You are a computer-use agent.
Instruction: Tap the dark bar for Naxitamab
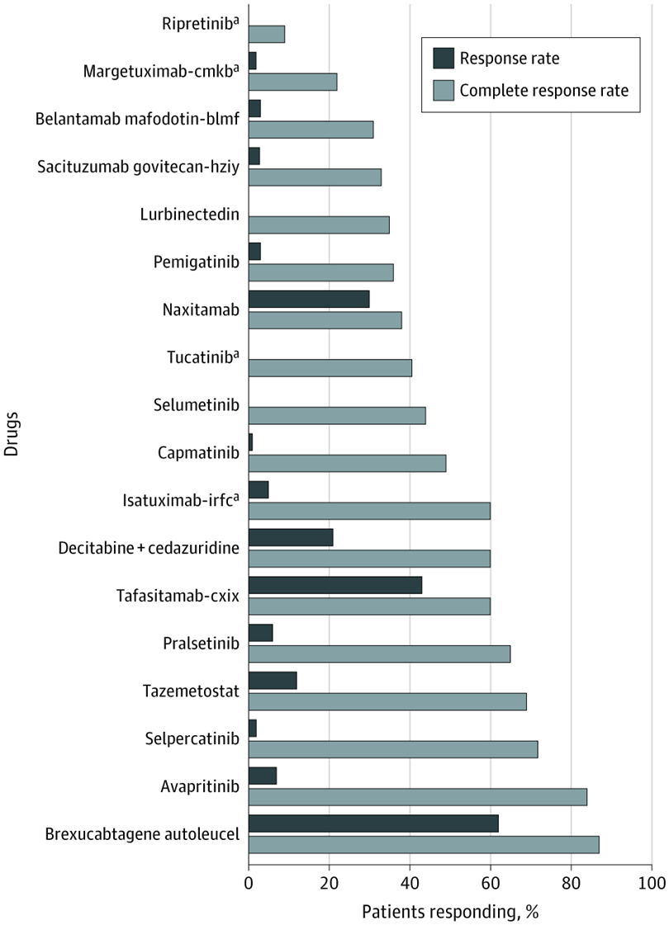click(309, 299)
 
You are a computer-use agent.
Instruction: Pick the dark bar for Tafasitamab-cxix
click(335, 585)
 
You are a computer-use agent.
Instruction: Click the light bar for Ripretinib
click(267, 34)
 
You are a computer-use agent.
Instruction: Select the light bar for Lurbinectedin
click(319, 224)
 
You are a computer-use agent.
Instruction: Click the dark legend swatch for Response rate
click(442, 59)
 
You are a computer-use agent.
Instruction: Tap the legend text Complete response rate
click(543, 90)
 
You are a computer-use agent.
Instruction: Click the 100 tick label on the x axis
click(652, 881)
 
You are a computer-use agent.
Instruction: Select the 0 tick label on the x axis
click(249, 881)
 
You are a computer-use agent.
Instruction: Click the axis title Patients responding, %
click(450, 912)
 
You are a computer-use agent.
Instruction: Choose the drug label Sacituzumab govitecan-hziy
click(138, 168)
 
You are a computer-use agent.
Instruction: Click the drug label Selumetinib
click(197, 405)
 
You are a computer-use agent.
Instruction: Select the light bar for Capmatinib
click(347, 463)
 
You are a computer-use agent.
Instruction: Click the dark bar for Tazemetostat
click(273, 681)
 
